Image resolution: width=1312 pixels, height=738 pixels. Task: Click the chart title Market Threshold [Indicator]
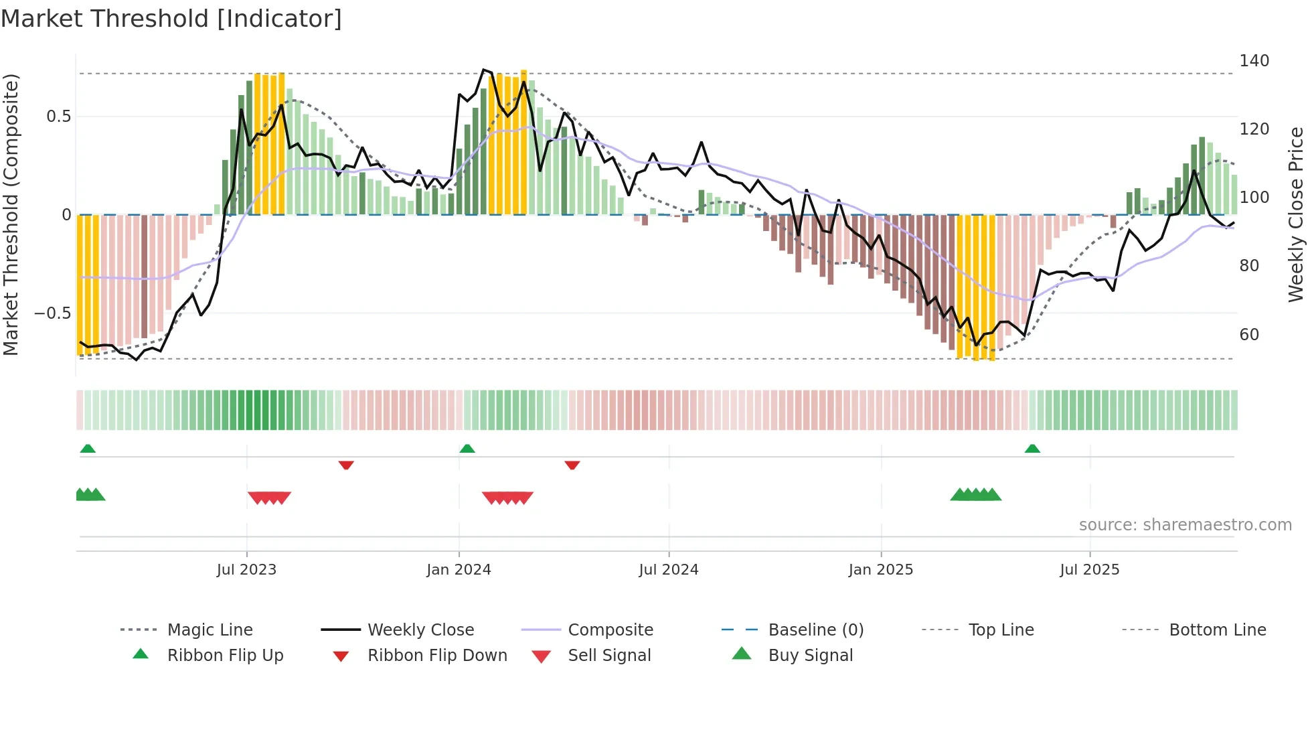pyautogui.click(x=171, y=19)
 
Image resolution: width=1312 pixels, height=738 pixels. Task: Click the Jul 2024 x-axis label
pyautogui.click(x=668, y=569)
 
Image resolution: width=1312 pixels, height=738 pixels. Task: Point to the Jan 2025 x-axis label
pyautogui.click(x=880, y=569)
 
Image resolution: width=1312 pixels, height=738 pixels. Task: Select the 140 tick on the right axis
pyautogui.click(x=1254, y=61)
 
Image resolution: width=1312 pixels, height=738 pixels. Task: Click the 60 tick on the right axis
pyautogui.click(x=1249, y=334)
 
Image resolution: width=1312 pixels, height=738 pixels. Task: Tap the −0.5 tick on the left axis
pyautogui.click(x=52, y=313)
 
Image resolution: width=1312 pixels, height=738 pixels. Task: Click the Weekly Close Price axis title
pyautogui.click(x=1296, y=214)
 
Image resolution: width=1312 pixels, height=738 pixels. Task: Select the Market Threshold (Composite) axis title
pyautogui.click(x=11, y=214)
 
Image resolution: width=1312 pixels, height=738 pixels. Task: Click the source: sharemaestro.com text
pyautogui.click(x=1185, y=524)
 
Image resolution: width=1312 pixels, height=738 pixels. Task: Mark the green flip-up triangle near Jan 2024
pyautogui.click(x=467, y=449)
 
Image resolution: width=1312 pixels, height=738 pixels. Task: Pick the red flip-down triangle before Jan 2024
pyautogui.click(x=346, y=465)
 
